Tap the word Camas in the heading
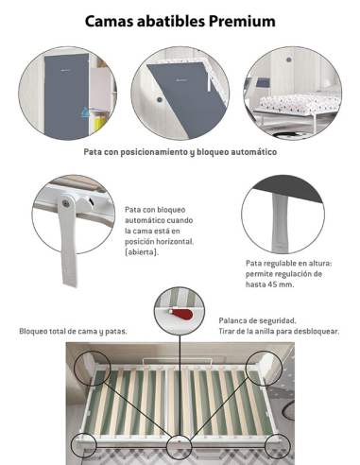coord(111,20)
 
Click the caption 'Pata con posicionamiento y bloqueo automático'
coord(180,151)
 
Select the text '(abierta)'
coord(143,252)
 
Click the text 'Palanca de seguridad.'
coord(258,320)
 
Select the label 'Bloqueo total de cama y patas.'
coord(73,331)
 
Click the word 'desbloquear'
coord(312,332)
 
